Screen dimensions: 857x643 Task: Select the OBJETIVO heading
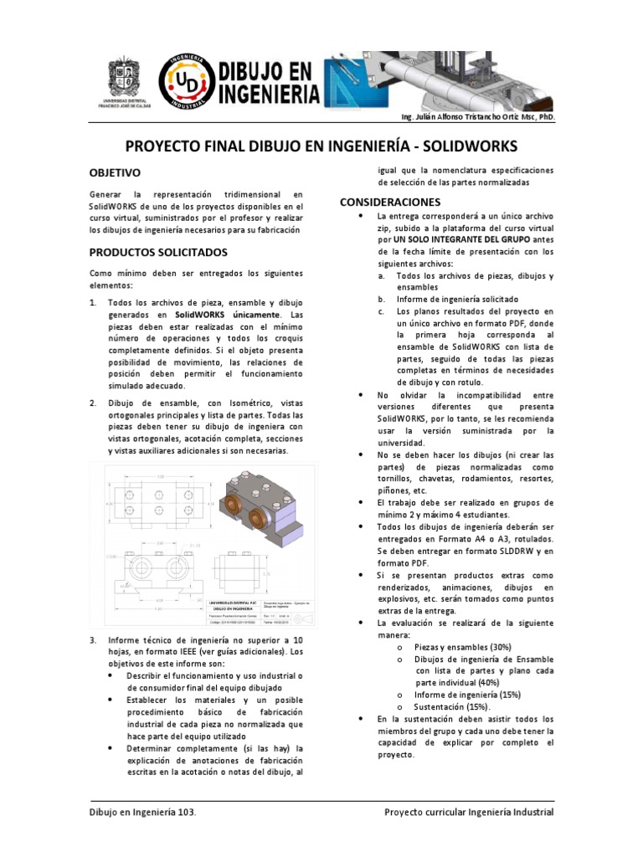[x=115, y=172]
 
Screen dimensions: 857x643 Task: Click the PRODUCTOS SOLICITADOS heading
[x=158, y=251]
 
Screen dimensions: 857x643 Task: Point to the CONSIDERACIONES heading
[x=389, y=202]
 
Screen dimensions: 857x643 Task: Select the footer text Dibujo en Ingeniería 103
[x=143, y=812]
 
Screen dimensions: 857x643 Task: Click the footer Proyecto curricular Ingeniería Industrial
[x=468, y=812]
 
